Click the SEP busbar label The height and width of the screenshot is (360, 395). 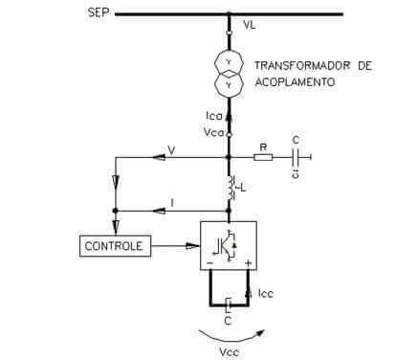tap(99, 12)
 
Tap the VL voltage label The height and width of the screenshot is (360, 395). tap(249, 25)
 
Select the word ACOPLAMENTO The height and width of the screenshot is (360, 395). tap(295, 81)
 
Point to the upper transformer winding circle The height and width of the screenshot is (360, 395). tap(229, 64)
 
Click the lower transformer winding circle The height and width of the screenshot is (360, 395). tap(229, 84)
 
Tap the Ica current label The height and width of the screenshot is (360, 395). tap(214, 116)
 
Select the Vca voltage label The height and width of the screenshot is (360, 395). tap(213, 132)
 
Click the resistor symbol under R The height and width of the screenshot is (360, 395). tap(263, 157)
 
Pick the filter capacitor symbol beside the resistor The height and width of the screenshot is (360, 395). tap(296, 157)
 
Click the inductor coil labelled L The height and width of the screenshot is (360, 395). tap(230, 188)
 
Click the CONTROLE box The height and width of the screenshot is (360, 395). tap(115, 246)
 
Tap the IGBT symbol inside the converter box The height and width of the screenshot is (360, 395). tap(225, 246)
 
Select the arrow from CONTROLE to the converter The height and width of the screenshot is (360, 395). tap(175, 246)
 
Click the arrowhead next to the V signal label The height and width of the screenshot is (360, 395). tap(159, 157)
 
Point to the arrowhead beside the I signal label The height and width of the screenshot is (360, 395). tap(159, 211)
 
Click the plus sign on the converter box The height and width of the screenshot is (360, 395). tap(249, 263)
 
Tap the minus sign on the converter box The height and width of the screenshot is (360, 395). tap(210, 263)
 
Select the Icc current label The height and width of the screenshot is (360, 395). tap(265, 293)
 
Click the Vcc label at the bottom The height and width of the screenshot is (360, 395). tap(229, 352)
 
